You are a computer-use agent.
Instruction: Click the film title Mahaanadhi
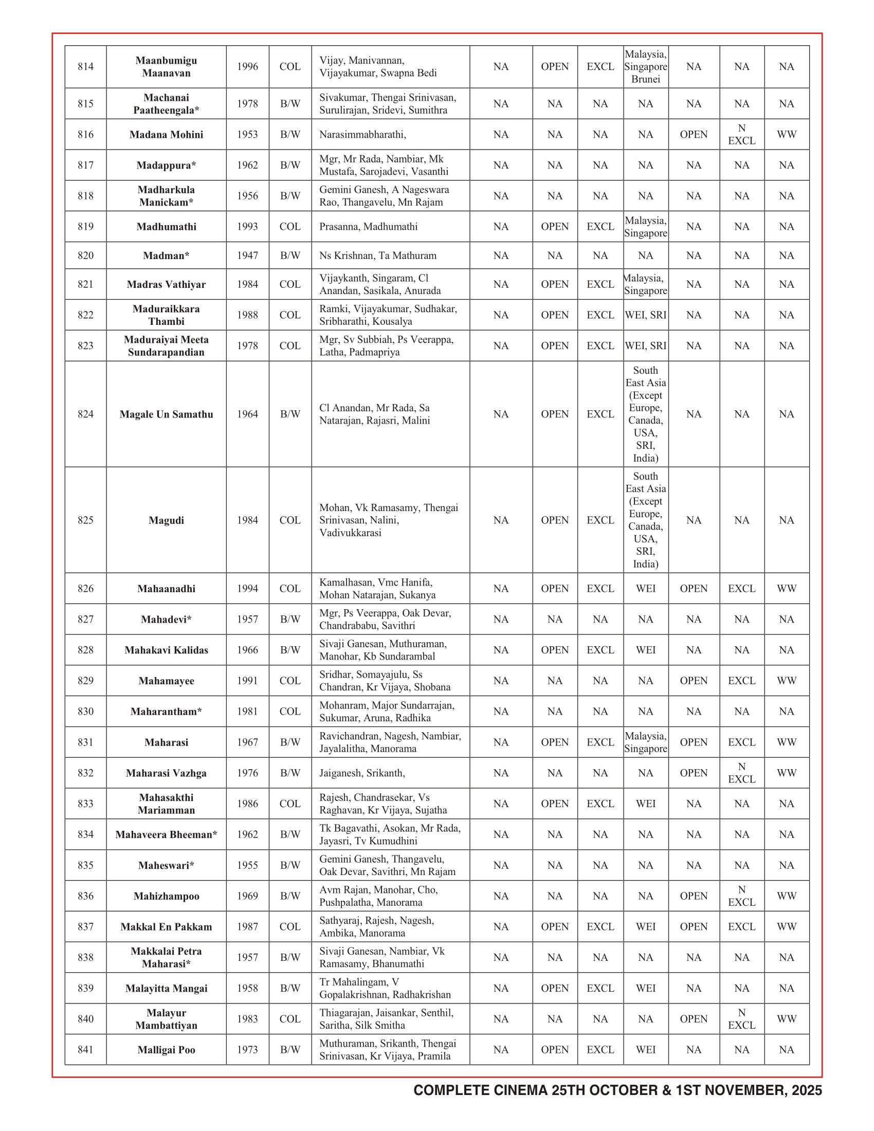pos(166,588)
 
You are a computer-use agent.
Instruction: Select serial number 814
pos(85,66)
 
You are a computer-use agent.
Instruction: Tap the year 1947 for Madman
pos(247,256)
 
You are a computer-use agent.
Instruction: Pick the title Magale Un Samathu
pos(166,414)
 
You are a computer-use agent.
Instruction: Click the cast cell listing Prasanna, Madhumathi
pos(368,226)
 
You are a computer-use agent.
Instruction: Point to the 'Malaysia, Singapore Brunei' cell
pos(646,66)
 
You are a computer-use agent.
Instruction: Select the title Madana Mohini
pos(166,135)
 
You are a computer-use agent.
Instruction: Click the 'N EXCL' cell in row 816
pos(741,135)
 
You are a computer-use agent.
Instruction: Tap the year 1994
pos(247,588)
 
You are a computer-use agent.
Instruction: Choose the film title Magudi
pos(166,520)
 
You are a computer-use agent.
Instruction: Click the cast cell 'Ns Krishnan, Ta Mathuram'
pos(377,256)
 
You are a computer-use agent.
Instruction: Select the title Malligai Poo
pos(166,1050)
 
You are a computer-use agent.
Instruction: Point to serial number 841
pos(85,1050)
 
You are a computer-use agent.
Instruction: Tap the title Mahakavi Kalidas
pos(166,650)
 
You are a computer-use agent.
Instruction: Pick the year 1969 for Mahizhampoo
pos(247,896)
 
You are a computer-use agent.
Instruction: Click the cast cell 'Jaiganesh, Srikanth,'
pos(362,773)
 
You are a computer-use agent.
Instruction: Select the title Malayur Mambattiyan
pos(166,1018)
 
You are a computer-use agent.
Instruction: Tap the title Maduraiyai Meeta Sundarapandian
pos(166,345)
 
